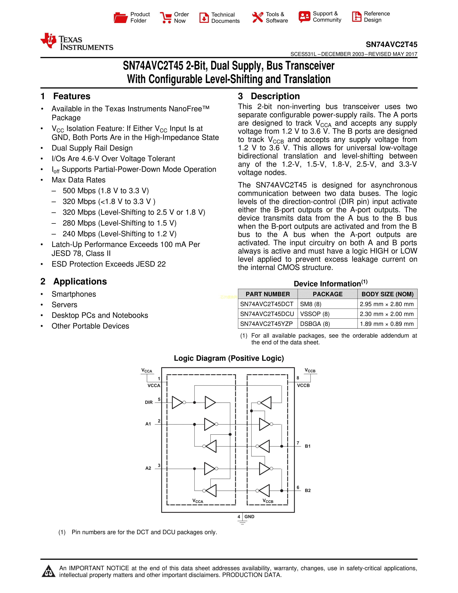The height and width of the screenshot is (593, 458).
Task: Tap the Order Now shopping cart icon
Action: point(166,18)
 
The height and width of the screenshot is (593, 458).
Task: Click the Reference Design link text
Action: point(377,17)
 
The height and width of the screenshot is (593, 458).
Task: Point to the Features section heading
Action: point(72,96)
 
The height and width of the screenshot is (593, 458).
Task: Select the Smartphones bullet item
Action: point(74,294)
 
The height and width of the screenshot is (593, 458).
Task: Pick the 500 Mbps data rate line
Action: point(106,191)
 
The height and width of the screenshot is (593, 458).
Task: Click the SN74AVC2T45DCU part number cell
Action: point(267,314)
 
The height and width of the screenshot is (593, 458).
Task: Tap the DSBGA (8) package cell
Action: point(315,324)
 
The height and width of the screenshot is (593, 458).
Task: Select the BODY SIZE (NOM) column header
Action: point(387,294)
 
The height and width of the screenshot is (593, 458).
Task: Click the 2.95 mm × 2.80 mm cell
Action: point(387,304)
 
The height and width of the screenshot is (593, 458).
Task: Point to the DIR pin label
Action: point(149,402)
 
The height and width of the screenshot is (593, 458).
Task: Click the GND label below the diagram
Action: point(249,517)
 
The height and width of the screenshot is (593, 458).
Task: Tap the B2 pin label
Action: point(308,491)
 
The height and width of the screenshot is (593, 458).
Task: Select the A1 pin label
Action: point(148,424)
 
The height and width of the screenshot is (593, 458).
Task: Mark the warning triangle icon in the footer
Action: point(48,571)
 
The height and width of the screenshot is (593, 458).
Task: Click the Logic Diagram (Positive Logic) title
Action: point(229,358)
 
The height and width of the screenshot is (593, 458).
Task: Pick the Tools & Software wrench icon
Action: point(258,18)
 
